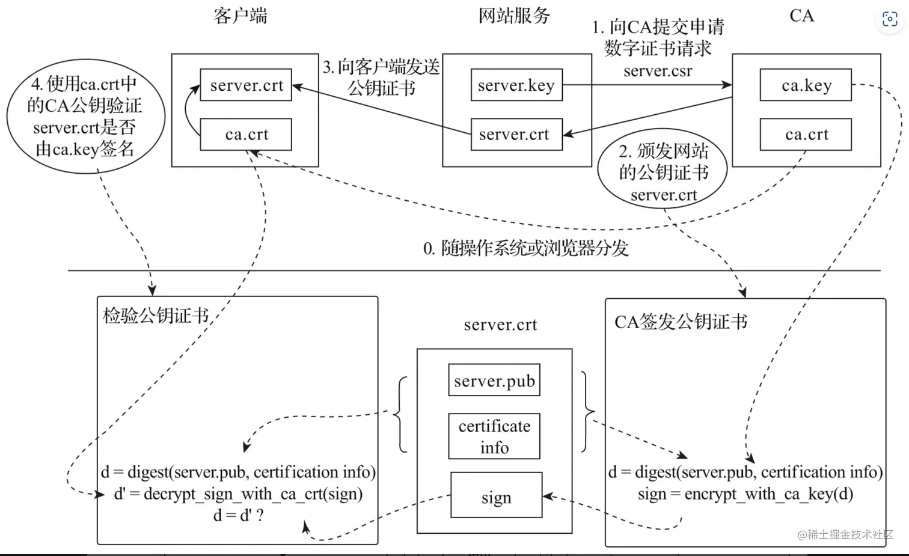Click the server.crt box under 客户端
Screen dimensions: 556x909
coord(246,85)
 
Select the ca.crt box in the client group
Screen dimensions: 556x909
coord(246,135)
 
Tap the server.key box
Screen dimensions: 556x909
coord(516,85)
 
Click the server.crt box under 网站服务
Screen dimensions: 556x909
coord(516,135)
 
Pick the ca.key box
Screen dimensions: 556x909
coord(806,85)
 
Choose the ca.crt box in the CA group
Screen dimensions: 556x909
coord(806,135)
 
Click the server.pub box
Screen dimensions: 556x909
coord(494,380)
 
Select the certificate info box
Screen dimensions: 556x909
coord(494,436)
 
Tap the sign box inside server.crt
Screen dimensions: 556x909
coord(496,496)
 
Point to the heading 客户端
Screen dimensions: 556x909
coord(240,16)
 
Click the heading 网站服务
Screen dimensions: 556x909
coord(514,16)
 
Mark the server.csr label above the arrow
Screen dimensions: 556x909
coord(658,71)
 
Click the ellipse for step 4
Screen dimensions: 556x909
coord(85,116)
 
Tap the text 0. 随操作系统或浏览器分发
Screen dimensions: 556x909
coord(525,248)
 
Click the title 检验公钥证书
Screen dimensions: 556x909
coord(156,316)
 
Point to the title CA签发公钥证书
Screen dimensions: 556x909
coord(681,322)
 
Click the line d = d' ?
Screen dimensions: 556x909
coord(238,516)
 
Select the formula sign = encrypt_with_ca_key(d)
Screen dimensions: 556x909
coord(745,494)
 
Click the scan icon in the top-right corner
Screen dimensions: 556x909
coord(890,19)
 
